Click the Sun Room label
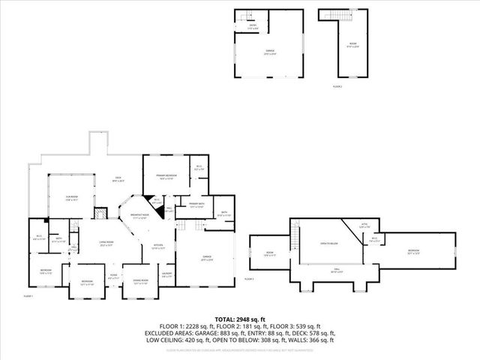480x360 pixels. pos(72,198)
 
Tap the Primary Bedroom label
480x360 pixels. pos(165,177)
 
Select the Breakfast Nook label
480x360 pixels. pos(139,217)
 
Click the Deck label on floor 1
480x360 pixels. pos(118,180)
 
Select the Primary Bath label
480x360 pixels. pos(197,205)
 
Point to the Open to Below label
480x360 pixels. pos(329,243)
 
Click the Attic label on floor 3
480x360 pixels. pos(365,226)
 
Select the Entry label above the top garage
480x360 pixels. pos(253,27)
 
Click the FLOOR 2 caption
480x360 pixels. pos(337,87)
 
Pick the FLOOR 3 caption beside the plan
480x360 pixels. pos(249,279)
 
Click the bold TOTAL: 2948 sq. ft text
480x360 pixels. pos(240,319)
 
